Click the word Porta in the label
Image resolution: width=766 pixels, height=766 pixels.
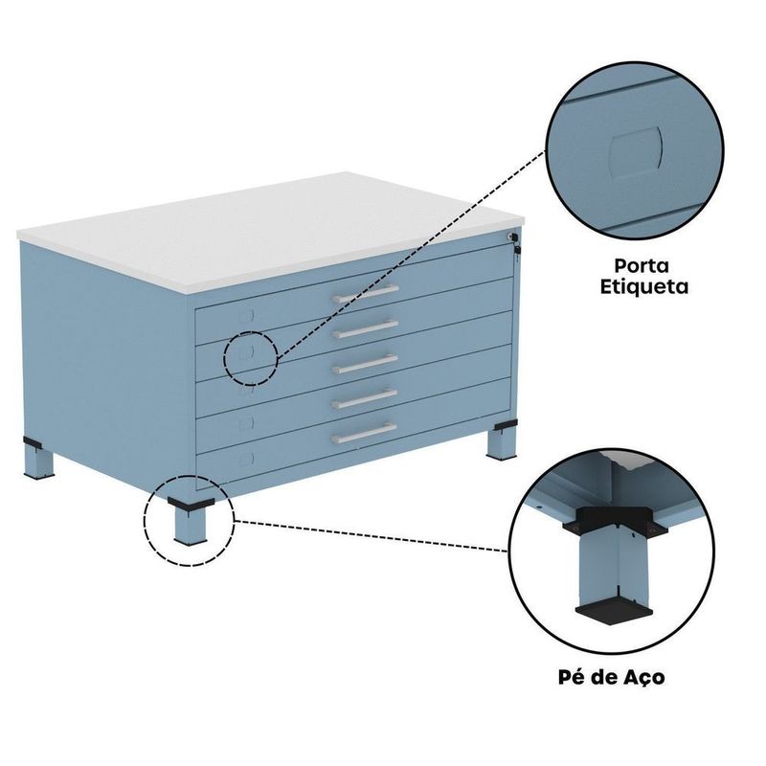[x=642, y=266]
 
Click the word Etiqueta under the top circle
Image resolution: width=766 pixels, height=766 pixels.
[x=643, y=286]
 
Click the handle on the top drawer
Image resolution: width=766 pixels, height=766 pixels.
[x=366, y=293]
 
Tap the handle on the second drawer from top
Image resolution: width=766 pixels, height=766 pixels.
[x=366, y=328]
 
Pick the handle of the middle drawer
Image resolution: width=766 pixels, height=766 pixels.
[x=366, y=364]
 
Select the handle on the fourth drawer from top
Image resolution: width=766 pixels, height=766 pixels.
[x=366, y=398]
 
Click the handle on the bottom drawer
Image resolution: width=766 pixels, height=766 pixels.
[x=365, y=433]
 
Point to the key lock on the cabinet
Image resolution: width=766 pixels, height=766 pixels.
[x=514, y=242]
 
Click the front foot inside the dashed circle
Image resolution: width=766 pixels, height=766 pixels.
[x=191, y=520]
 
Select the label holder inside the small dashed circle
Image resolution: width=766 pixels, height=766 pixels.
[x=247, y=351]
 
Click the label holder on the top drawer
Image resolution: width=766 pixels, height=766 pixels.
[x=247, y=316]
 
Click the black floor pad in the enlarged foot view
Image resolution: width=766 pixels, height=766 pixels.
[x=614, y=616]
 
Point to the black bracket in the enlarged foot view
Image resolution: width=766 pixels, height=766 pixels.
[x=615, y=521]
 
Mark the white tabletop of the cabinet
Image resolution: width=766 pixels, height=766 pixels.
[x=271, y=230]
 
